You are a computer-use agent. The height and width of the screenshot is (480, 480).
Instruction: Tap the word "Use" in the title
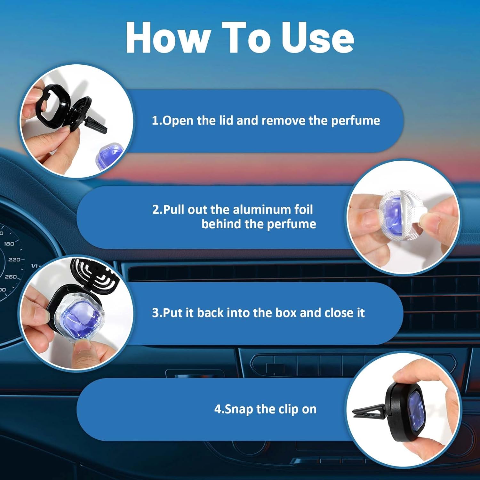[x=317, y=37]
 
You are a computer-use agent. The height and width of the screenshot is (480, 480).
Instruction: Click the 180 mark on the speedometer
[x=9, y=244]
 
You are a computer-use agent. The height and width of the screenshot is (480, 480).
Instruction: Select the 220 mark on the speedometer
[x=14, y=260]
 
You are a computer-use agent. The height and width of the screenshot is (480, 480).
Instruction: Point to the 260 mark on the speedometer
[x=11, y=277]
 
